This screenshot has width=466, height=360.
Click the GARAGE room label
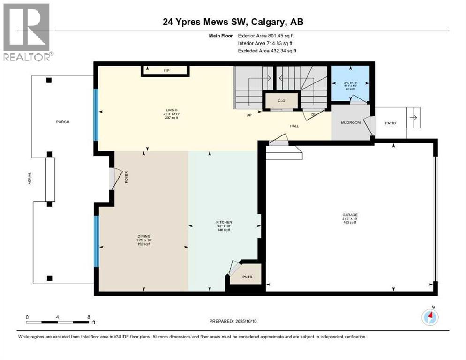tap(350, 215)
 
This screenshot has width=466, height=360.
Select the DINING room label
tap(144, 236)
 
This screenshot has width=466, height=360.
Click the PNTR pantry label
tap(247, 277)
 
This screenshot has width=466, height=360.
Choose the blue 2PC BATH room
tap(350, 83)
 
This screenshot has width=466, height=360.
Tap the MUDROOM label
tap(351, 122)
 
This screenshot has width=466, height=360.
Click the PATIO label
tap(390, 123)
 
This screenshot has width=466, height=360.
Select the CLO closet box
tap(281, 101)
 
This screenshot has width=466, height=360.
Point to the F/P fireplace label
tap(166, 70)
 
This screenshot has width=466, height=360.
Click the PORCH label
tap(63, 122)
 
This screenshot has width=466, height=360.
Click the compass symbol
tap(429, 317)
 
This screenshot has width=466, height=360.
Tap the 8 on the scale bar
tap(89, 317)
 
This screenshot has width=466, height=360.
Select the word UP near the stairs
tap(249, 115)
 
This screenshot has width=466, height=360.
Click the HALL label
tap(294, 126)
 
